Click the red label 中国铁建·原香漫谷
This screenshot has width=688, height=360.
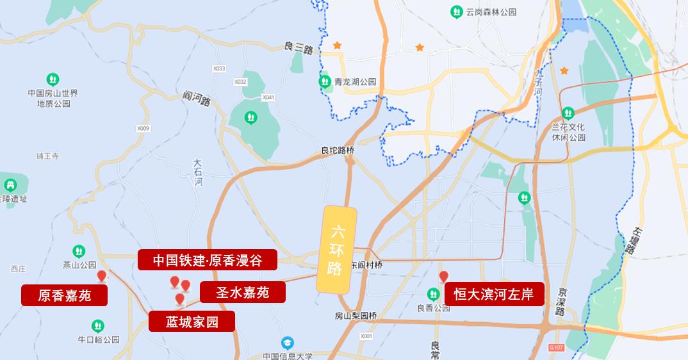208,260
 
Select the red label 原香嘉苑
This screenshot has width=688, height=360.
64,295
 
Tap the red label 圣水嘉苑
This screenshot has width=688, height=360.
242,293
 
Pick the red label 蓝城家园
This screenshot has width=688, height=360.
192,322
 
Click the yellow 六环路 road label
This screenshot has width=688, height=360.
337,250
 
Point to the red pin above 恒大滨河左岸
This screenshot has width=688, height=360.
443,277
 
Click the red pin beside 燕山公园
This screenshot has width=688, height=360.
101,276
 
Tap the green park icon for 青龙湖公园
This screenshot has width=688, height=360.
325,81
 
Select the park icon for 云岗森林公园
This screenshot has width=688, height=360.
456,12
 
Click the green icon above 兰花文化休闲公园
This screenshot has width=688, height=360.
568,113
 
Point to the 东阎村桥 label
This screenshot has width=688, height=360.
367,265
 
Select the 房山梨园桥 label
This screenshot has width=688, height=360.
356,316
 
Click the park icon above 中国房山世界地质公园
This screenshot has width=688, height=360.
54,79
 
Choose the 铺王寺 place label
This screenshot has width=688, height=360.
47,156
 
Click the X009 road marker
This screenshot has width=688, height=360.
143,129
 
